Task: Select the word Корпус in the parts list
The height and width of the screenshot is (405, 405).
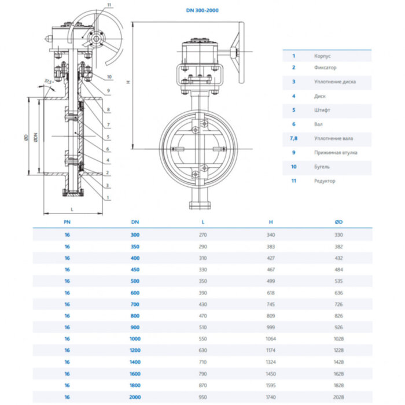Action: (x=322, y=56)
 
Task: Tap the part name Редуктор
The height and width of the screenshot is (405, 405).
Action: (x=324, y=181)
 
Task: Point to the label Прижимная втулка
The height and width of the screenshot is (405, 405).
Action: (x=336, y=153)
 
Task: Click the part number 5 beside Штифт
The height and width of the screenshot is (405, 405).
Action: (x=294, y=109)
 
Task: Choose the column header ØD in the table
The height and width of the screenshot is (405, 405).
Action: (x=338, y=222)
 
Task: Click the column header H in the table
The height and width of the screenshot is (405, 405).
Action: (x=271, y=222)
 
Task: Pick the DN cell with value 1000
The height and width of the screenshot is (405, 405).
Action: (x=135, y=338)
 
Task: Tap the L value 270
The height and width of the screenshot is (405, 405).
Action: (x=203, y=235)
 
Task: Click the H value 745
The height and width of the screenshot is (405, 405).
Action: (x=271, y=304)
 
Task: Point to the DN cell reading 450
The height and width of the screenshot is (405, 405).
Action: (x=135, y=270)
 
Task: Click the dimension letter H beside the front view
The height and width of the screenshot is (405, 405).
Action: (x=128, y=82)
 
